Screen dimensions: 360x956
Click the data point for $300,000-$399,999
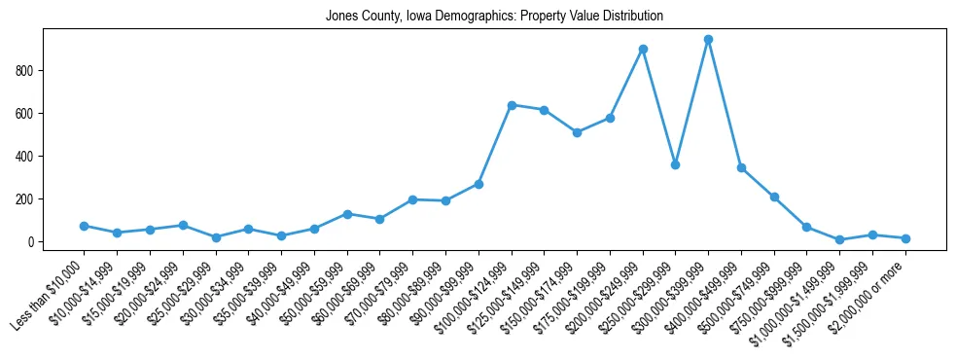click(x=708, y=40)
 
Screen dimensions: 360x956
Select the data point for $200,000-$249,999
click(x=643, y=49)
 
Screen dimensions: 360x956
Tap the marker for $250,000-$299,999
click(x=675, y=164)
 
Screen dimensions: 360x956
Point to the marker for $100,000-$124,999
click(x=512, y=105)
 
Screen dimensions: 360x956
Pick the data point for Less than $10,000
click(x=85, y=226)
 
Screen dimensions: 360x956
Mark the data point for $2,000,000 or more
click(x=905, y=238)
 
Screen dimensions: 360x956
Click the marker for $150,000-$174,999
click(x=577, y=132)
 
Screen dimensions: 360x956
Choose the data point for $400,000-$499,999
click(x=741, y=168)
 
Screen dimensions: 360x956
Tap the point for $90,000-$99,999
click(x=478, y=184)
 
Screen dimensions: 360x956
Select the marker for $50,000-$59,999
click(x=347, y=214)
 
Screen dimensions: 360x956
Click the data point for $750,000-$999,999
click(x=806, y=227)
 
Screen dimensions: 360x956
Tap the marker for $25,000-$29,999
click(x=216, y=237)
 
